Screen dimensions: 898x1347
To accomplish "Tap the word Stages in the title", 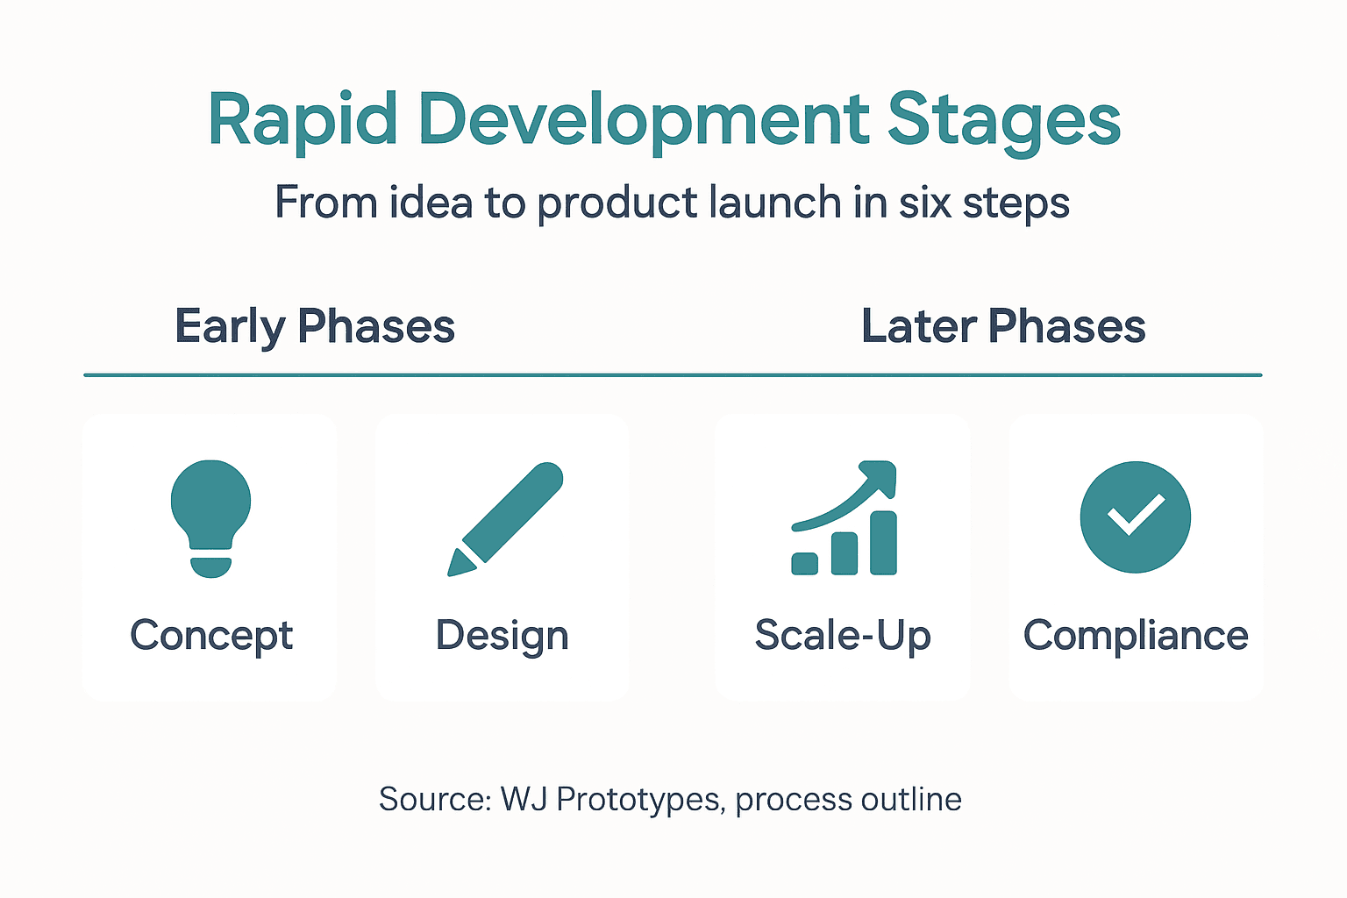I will click(x=1004, y=120).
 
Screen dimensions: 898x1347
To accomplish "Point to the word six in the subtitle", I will click(x=925, y=203).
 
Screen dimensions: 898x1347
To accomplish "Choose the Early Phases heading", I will click(x=315, y=326).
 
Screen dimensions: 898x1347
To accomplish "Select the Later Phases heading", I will click(x=1003, y=326).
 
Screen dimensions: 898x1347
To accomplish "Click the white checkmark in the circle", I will click(x=1135, y=516).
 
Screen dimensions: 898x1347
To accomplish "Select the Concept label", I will click(x=211, y=636).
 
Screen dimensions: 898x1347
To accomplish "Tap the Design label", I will click(x=502, y=636).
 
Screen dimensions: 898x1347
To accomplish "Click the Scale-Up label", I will click(x=842, y=636).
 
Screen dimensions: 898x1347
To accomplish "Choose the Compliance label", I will click(x=1135, y=636).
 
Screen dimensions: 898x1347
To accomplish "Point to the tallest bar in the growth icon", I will click(x=883, y=543).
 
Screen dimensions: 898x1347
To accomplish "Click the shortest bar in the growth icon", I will click(x=804, y=563).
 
